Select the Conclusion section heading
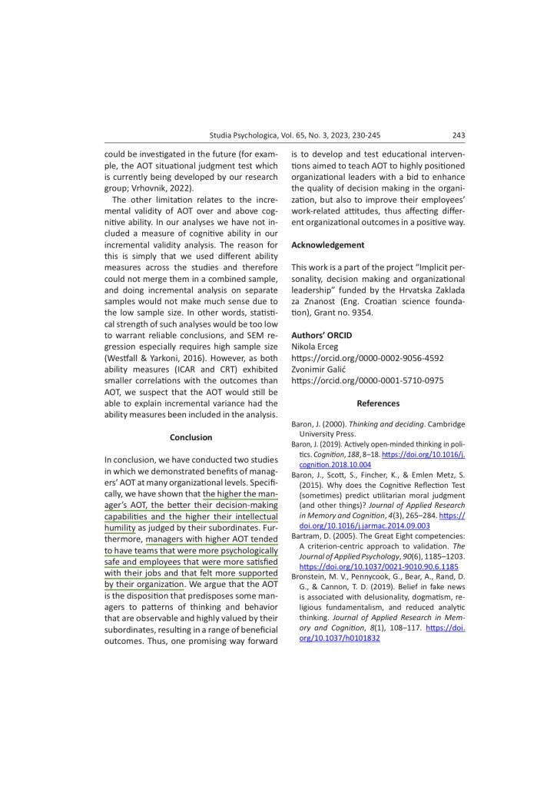191,437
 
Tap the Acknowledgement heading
328,245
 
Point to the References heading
378,403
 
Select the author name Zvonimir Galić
320,369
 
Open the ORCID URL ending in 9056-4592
367,358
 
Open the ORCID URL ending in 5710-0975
367,380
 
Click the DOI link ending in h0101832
340,638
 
